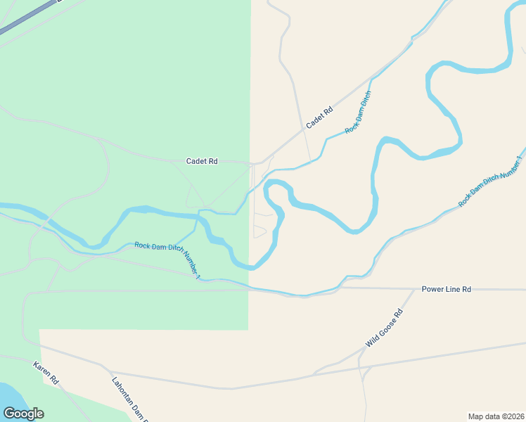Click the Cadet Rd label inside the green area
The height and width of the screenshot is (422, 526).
tap(202, 161)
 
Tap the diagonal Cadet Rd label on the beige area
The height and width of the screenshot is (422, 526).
tap(319, 117)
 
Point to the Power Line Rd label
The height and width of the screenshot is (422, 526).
tap(446, 289)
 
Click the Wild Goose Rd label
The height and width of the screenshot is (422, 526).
tap(384, 328)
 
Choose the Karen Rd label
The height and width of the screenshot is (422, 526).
tap(45, 373)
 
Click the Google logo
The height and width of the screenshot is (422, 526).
tap(23, 413)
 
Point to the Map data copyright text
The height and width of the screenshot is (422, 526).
tap(496, 416)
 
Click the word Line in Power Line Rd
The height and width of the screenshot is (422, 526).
tap(451, 289)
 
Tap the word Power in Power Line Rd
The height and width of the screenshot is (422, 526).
tap(432, 289)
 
